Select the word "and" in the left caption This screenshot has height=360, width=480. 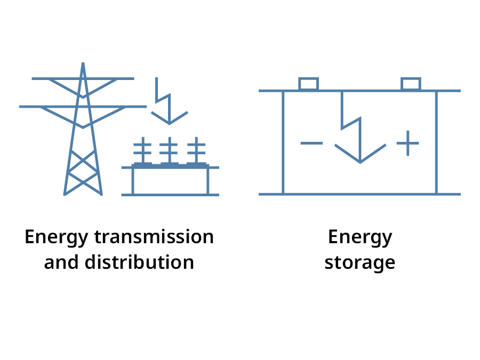tap(60, 262)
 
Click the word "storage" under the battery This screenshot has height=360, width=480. tap(360, 262)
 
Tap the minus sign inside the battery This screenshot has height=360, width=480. tap(311, 143)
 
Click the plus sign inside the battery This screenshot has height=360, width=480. tap(408, 143)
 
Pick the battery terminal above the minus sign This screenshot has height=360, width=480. tap(308, 84)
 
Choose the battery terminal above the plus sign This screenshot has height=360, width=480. tap(411, 84)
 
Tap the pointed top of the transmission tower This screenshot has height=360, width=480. tap(83, 65)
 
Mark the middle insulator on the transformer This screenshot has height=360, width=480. tap(170, 150)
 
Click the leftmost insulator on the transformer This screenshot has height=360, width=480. tap(142, 150)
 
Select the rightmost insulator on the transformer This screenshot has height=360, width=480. tap(197, 150)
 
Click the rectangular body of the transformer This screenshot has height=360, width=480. tap(170, 181)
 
